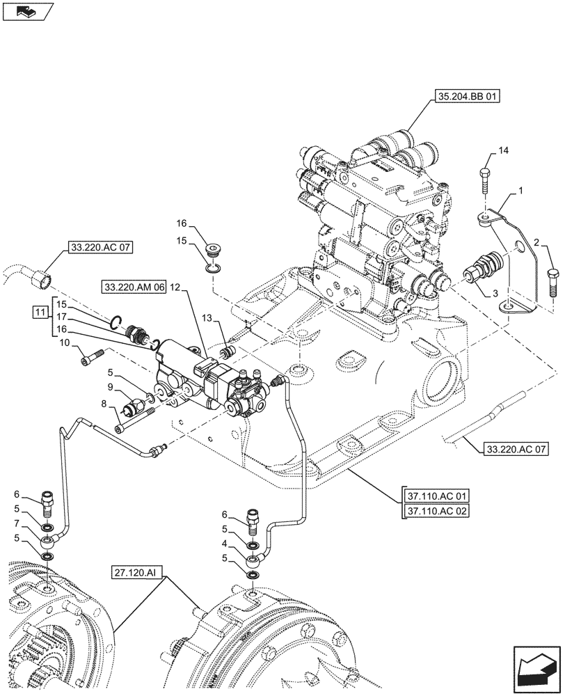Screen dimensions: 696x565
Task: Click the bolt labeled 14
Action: pyautogui.click(x=485, y=182)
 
